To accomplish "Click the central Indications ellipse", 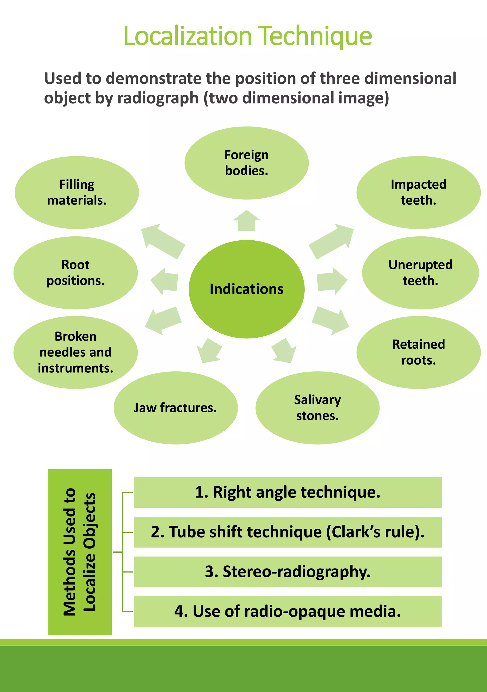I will pyautogui.click(x=247, y=289).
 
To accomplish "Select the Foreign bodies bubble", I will pyautogui.click(x=247, y=163).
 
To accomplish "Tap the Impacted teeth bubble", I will pyautogui.click(x=418, y=192).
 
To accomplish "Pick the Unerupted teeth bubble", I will pyautogui.click(x=420, y=273).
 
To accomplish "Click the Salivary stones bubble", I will pyautogui.click(x=317, y=408).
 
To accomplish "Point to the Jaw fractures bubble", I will pyautogui.click(x=176, y=408).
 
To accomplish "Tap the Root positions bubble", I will pyautogui.click(x=76, y=273).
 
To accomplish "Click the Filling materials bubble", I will pyautogui.click(x=77, y=192).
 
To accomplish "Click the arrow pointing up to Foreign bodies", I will pyautogui.click(x=247, y=221).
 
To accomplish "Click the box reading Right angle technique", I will pyautogui.click(x=287, y=492).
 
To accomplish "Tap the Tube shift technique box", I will pyautogui.click(x=287, y=532).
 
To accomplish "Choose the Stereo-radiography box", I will pyautogui.click(x=287, y=572).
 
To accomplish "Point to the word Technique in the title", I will pyautogui.click(x=315, y=36).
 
